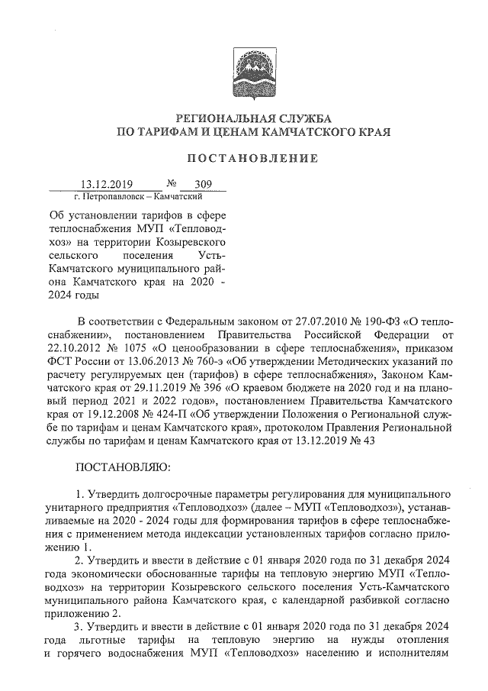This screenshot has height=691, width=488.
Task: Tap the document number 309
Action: [204, 184]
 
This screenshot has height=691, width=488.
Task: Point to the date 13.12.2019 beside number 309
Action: [108, 184]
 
